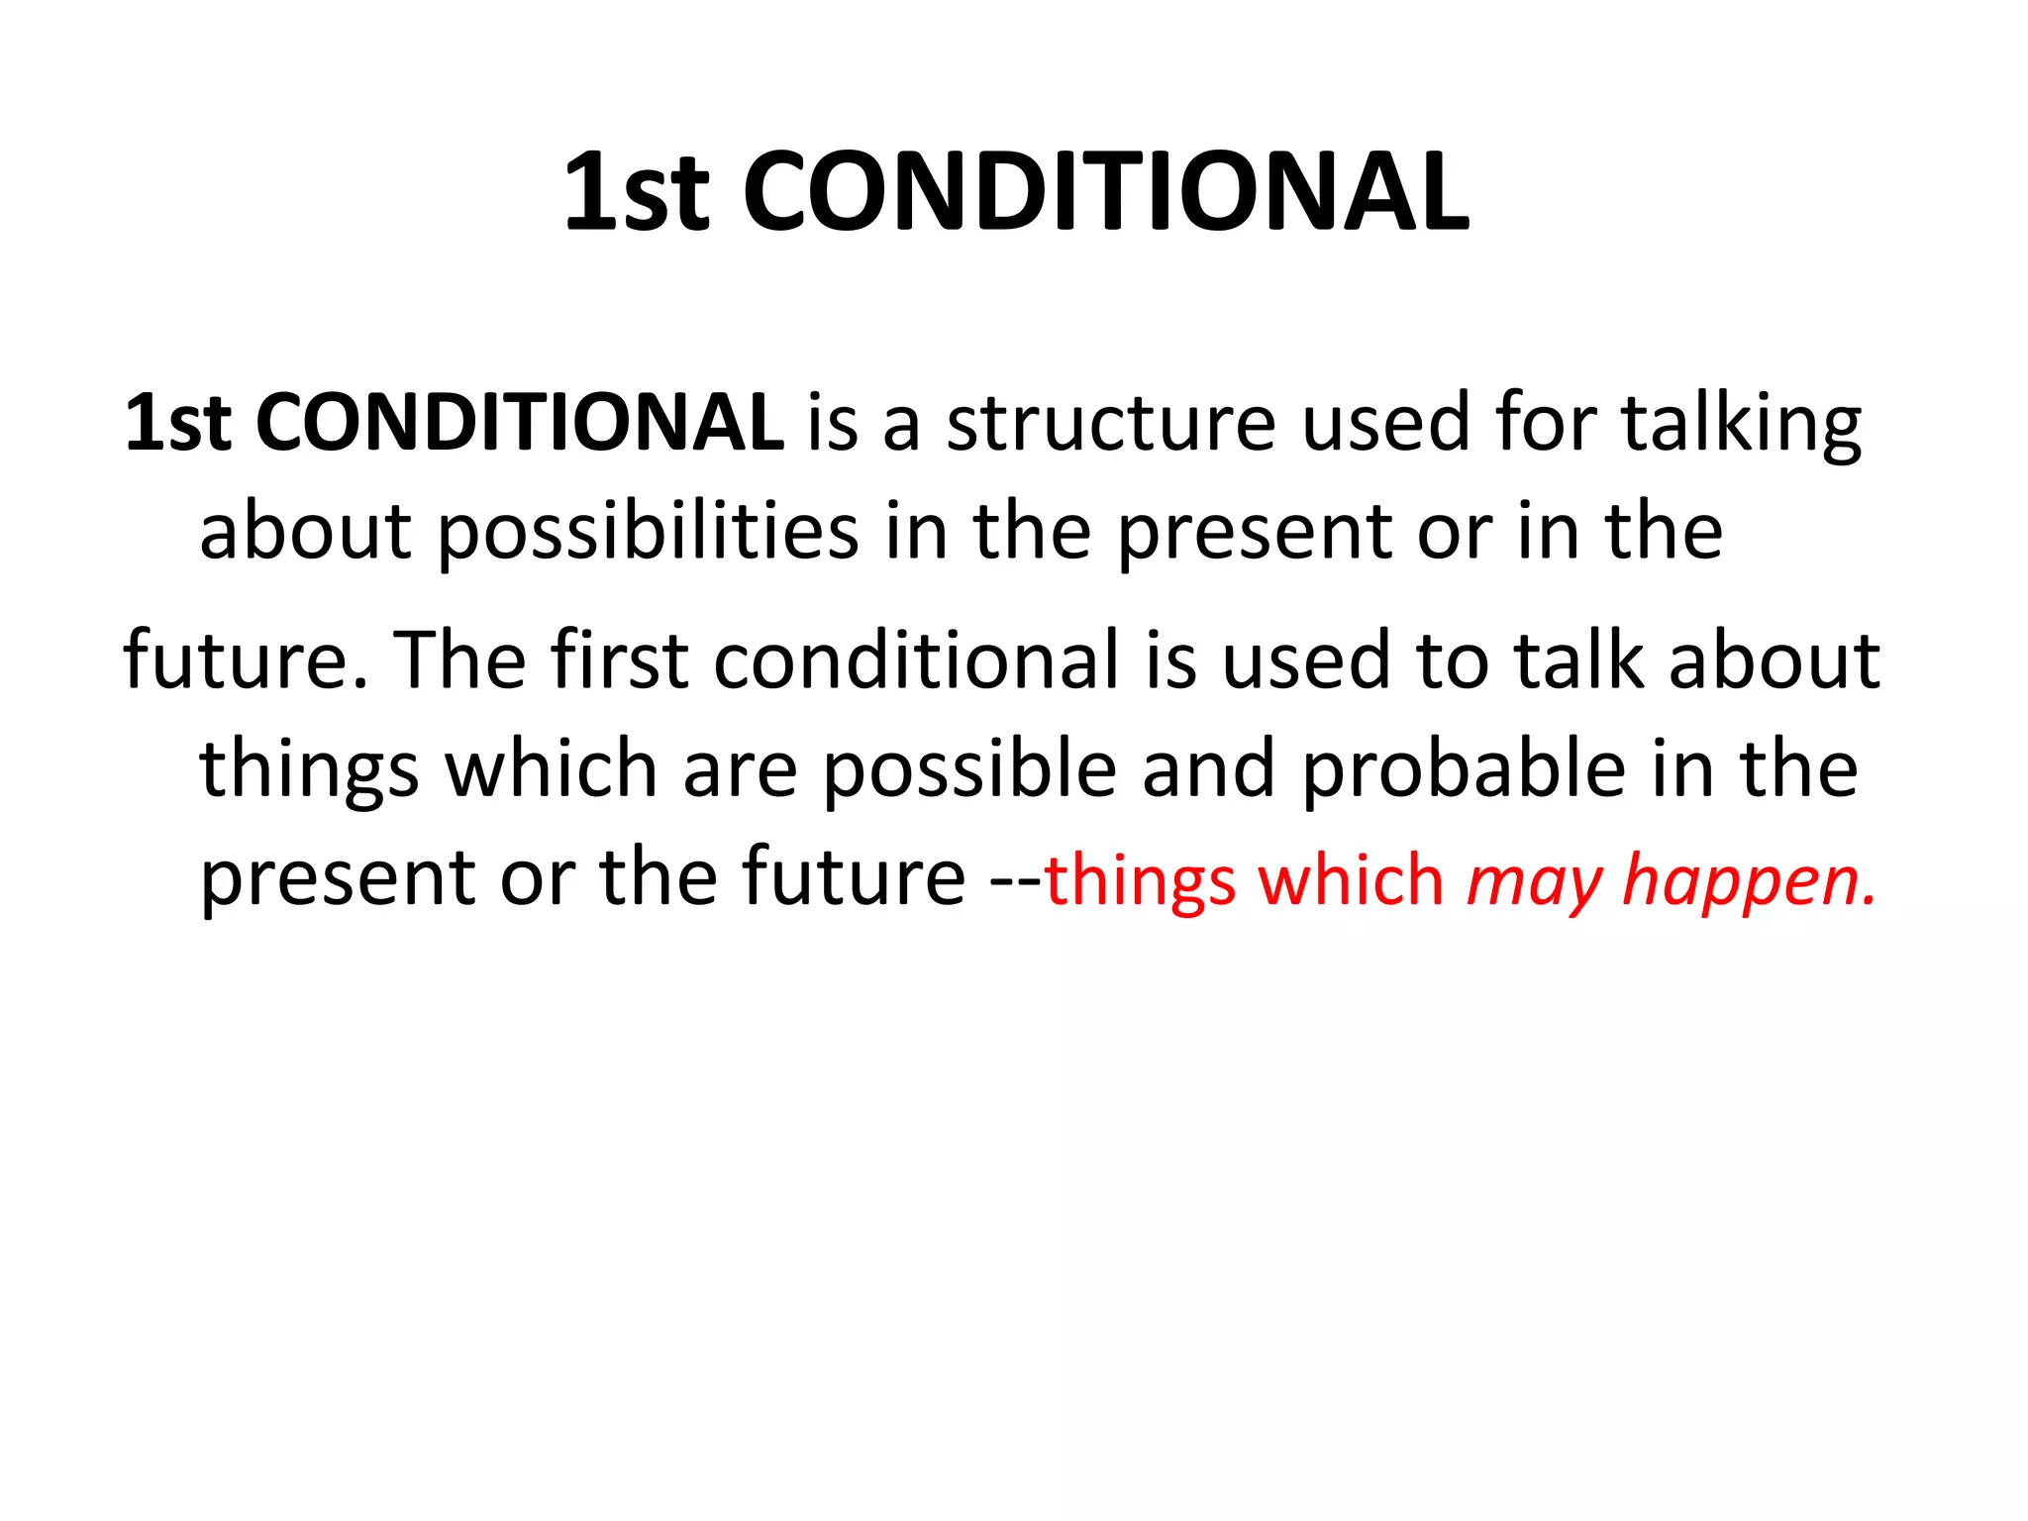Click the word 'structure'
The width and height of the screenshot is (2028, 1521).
(1111, 423)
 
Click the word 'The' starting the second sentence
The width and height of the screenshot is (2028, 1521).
(459, 660)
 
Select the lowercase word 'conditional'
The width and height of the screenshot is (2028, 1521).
(916, 660)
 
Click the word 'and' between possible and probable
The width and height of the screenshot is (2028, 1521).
(1208, 770)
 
